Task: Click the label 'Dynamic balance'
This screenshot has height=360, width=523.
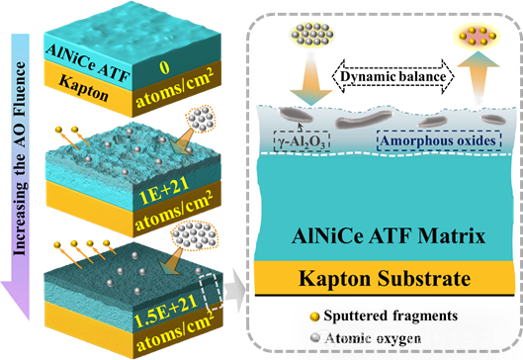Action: (x=392, y=77)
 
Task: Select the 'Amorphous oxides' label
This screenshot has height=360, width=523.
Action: (x=439, y=140)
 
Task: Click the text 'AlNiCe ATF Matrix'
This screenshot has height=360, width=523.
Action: (x=389, y=236)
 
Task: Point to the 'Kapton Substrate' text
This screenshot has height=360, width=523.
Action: (x=385, y=278)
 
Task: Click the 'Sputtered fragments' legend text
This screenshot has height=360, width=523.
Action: (x=391, y=315)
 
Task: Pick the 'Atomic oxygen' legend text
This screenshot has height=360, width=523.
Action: (x=373, y=338)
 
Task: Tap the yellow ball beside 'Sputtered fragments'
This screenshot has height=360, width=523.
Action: (x=314, y=316)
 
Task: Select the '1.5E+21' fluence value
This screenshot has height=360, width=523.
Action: (x=165, y=311)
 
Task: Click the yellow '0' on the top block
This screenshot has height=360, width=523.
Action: (x=164, y=67)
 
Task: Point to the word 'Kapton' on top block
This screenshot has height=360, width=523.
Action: (x=84, y=87)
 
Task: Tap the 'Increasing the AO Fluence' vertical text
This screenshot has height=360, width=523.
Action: (x=19, y=158)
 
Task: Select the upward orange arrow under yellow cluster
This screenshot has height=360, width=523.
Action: (x=478, y=76)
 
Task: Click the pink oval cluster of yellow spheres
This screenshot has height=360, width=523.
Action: (x=477, y=36)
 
